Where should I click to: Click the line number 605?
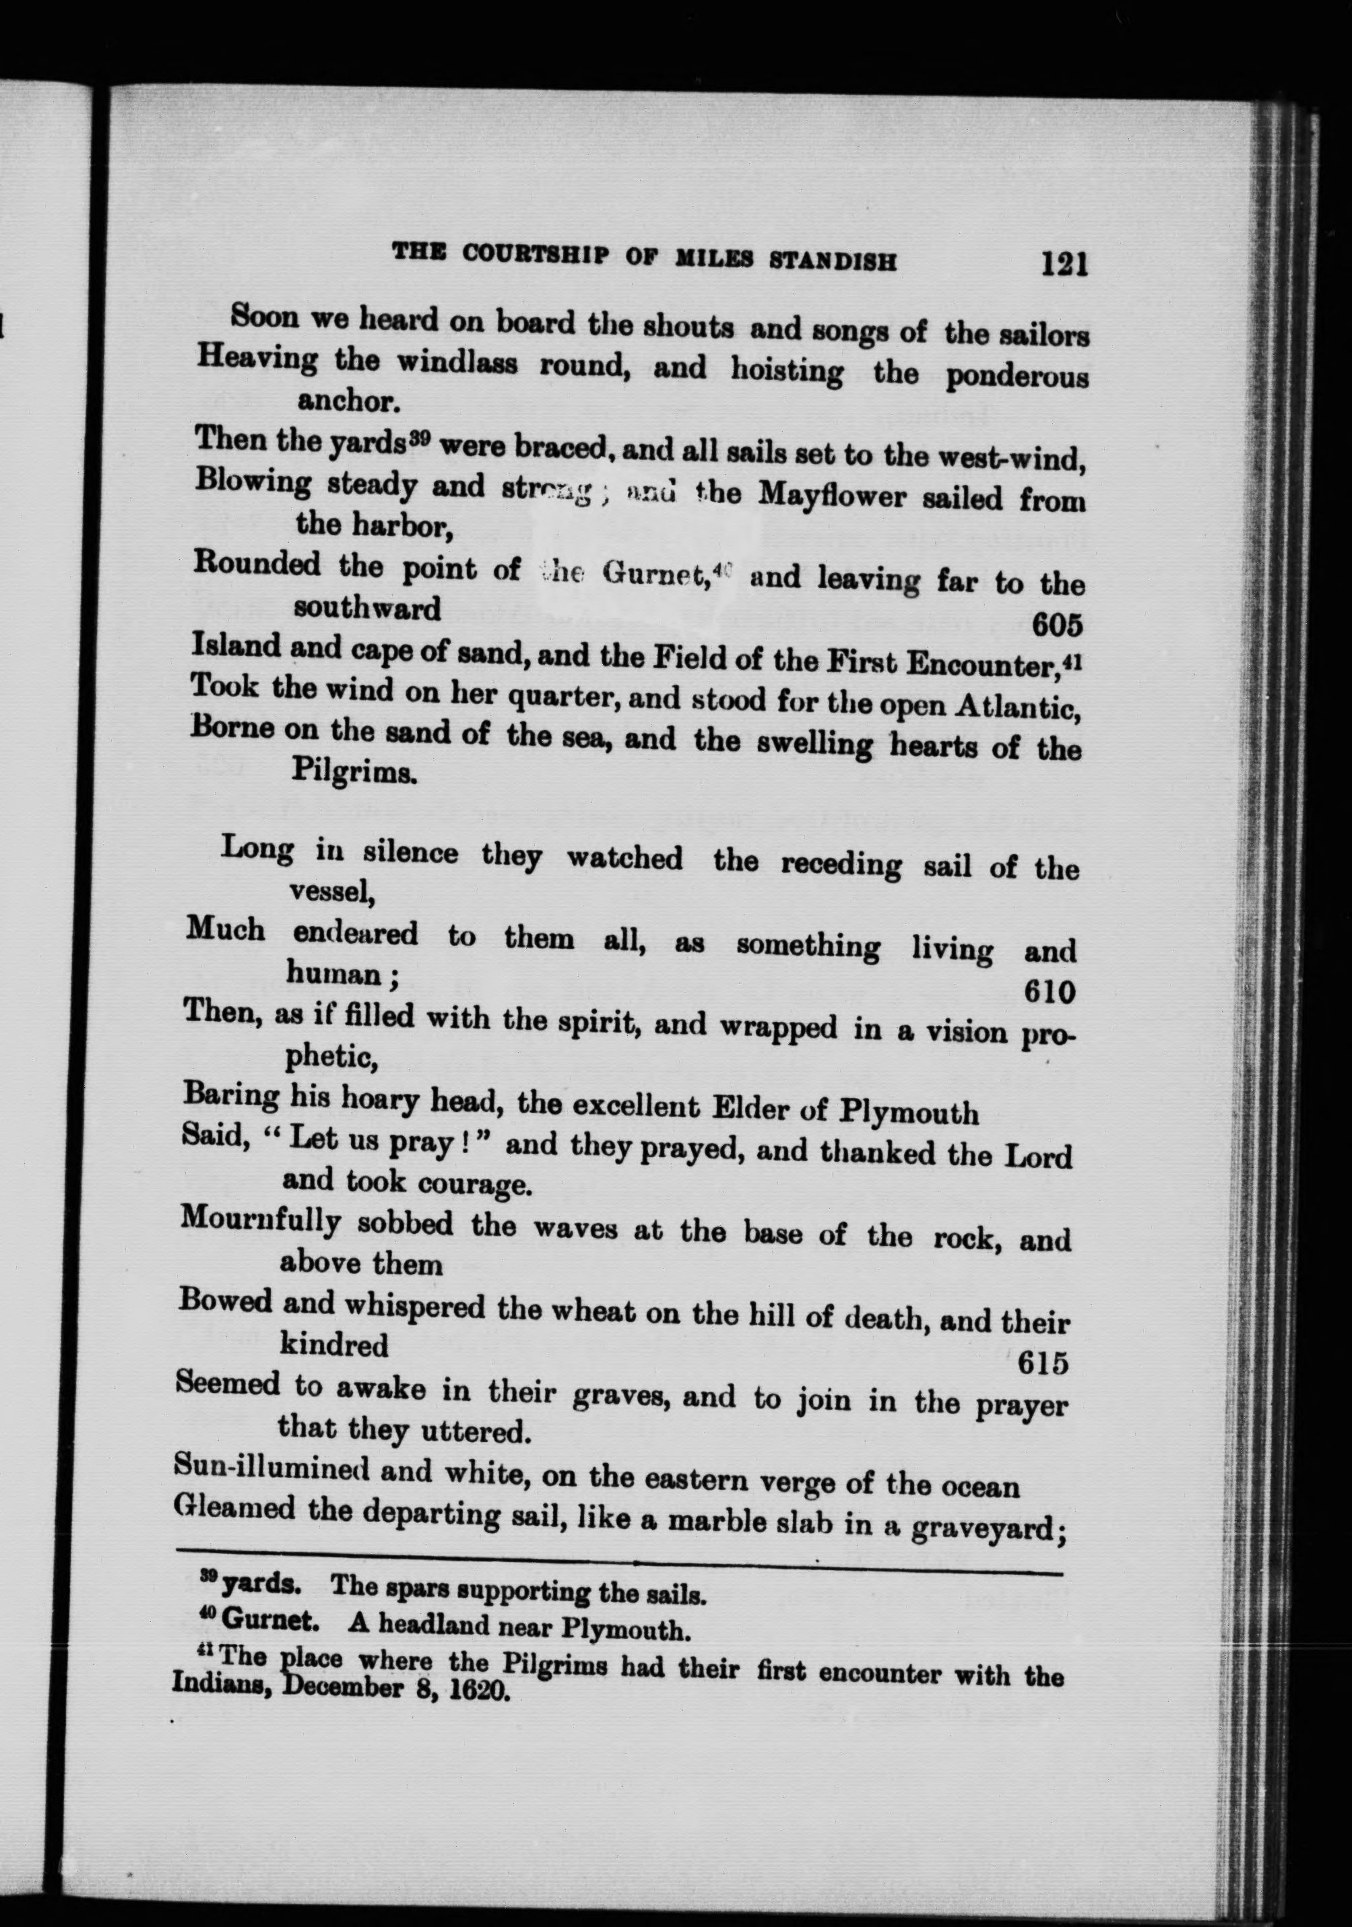tap(1056, 624)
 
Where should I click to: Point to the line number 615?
tap(1043, 1364)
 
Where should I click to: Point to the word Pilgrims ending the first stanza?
tap(352, 771)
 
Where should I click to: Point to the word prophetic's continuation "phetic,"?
tap(331, 1059)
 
